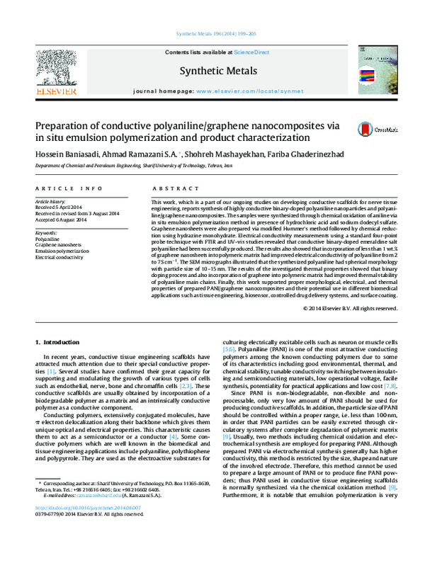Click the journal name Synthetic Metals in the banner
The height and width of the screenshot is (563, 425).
click(x=212, y=70)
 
